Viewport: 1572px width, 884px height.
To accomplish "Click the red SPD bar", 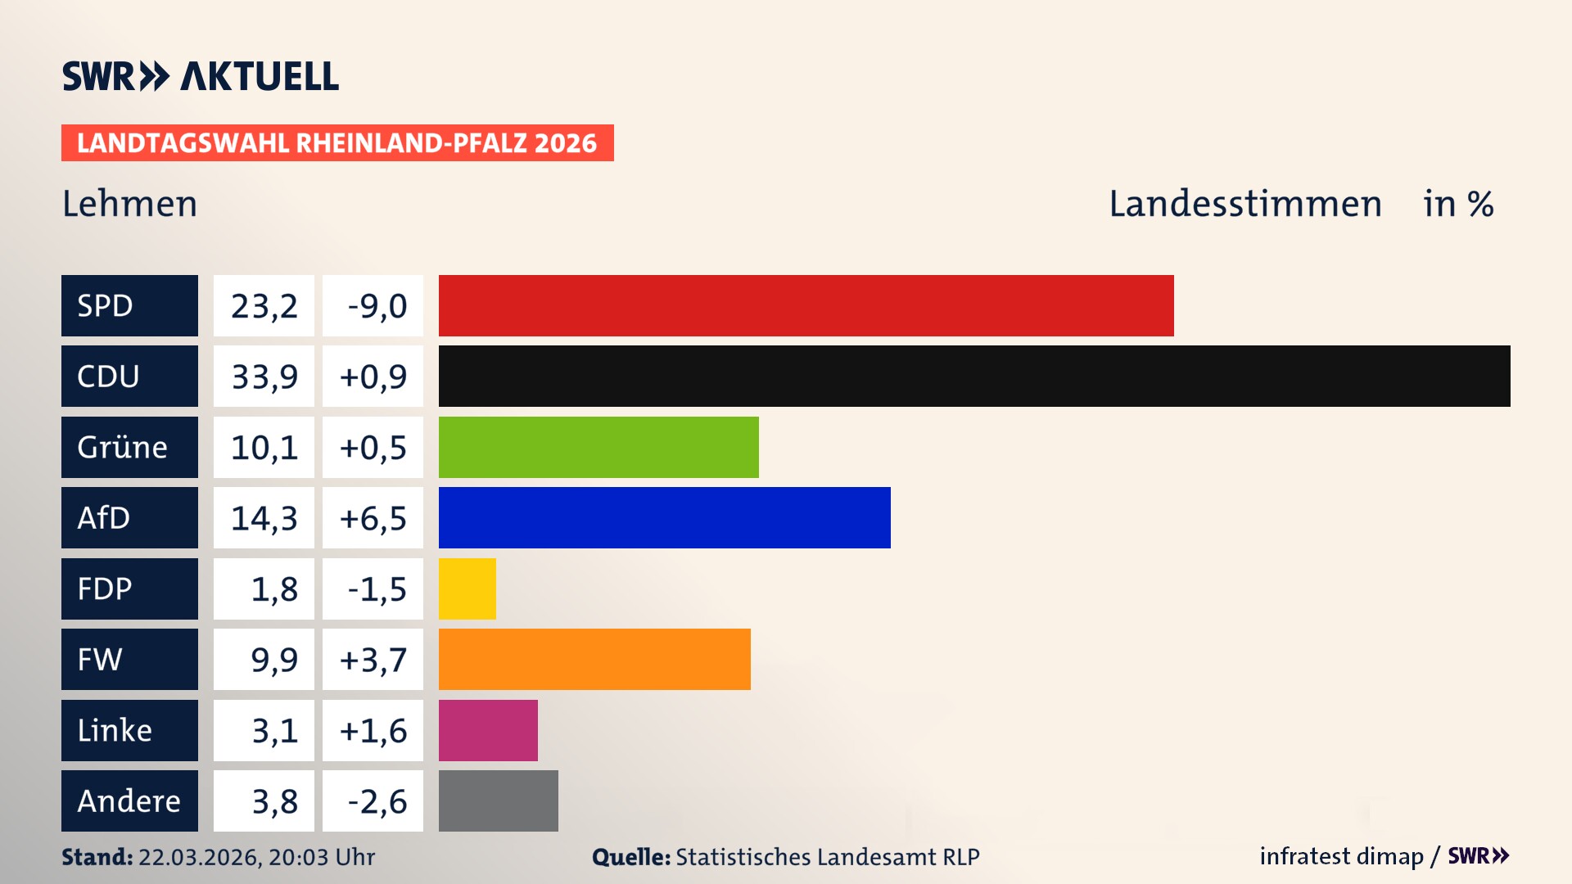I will (806, 305).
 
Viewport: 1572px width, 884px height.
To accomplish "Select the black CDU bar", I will (974, 377).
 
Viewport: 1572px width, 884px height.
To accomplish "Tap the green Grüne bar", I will (599, 447).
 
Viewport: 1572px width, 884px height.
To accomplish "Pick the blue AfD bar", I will (664, 517).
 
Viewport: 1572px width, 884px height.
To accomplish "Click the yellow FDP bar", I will (467, 589).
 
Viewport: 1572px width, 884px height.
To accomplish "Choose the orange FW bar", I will (594, 659).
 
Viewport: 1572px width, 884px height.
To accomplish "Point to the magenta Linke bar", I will (488, 730).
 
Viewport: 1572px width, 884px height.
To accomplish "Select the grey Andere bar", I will (498, 801).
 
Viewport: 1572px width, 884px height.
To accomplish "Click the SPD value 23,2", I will (264, 306).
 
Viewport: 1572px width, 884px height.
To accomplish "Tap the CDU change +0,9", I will (373, 377).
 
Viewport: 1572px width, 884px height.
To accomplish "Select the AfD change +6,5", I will (373, 518).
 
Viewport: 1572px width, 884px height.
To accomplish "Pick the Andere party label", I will (129, 801).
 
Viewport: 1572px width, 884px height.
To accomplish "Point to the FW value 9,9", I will (273, 660).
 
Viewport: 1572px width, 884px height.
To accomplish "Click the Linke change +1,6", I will (373, 730).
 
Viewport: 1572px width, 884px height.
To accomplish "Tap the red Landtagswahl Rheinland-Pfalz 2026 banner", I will (337, 143).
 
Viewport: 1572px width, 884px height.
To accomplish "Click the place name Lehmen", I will (130, 204).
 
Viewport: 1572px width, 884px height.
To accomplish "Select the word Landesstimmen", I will (1244, 204).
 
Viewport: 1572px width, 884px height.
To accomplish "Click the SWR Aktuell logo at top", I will (201, 76).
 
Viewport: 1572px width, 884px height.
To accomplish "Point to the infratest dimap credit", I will (1341, 856).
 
